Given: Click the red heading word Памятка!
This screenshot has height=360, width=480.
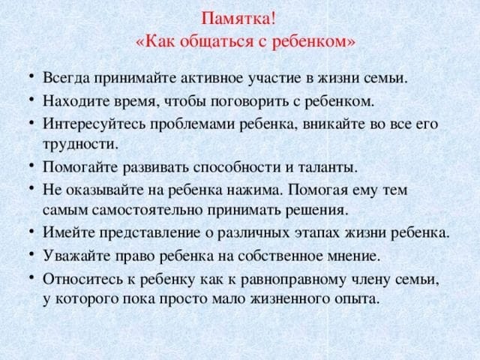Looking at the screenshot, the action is point(238,19).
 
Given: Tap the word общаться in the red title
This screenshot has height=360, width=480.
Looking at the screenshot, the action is point(217,41).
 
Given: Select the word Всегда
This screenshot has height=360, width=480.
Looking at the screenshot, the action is point(66,78).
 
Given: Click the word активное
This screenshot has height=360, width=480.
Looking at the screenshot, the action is point(211,78).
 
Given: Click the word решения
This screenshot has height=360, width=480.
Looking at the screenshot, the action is point(316,211).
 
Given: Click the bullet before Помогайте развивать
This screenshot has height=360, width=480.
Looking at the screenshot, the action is point(31,165).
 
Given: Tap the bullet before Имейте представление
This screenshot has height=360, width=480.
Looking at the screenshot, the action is point(31,232).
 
